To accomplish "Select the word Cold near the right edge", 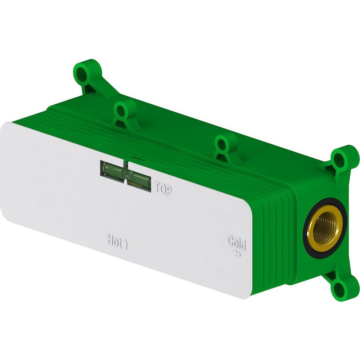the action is tap(237, 243).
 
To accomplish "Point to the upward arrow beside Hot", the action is tap(125, 244).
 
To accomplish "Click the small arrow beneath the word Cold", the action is tap(237, 254).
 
